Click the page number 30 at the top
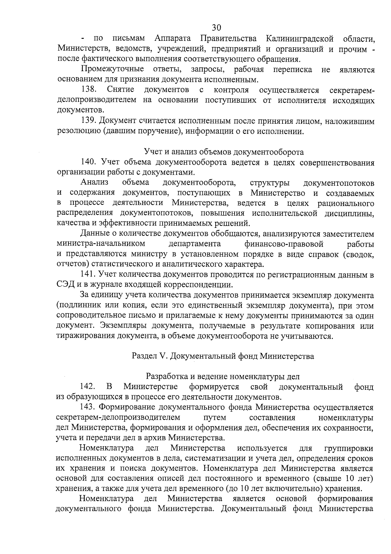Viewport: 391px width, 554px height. click(216, 27)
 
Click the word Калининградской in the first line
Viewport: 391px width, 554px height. click(299, 39)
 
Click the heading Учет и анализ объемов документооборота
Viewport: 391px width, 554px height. click(224, 152)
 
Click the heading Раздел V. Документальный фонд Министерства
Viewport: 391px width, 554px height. click(223, 356)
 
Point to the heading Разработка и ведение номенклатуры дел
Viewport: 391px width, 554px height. click(223, 376)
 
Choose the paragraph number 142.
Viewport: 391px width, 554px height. click(88, 387)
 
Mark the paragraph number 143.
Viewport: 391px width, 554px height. click(88, 407)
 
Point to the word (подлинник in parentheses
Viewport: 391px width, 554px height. click(77, 306)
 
